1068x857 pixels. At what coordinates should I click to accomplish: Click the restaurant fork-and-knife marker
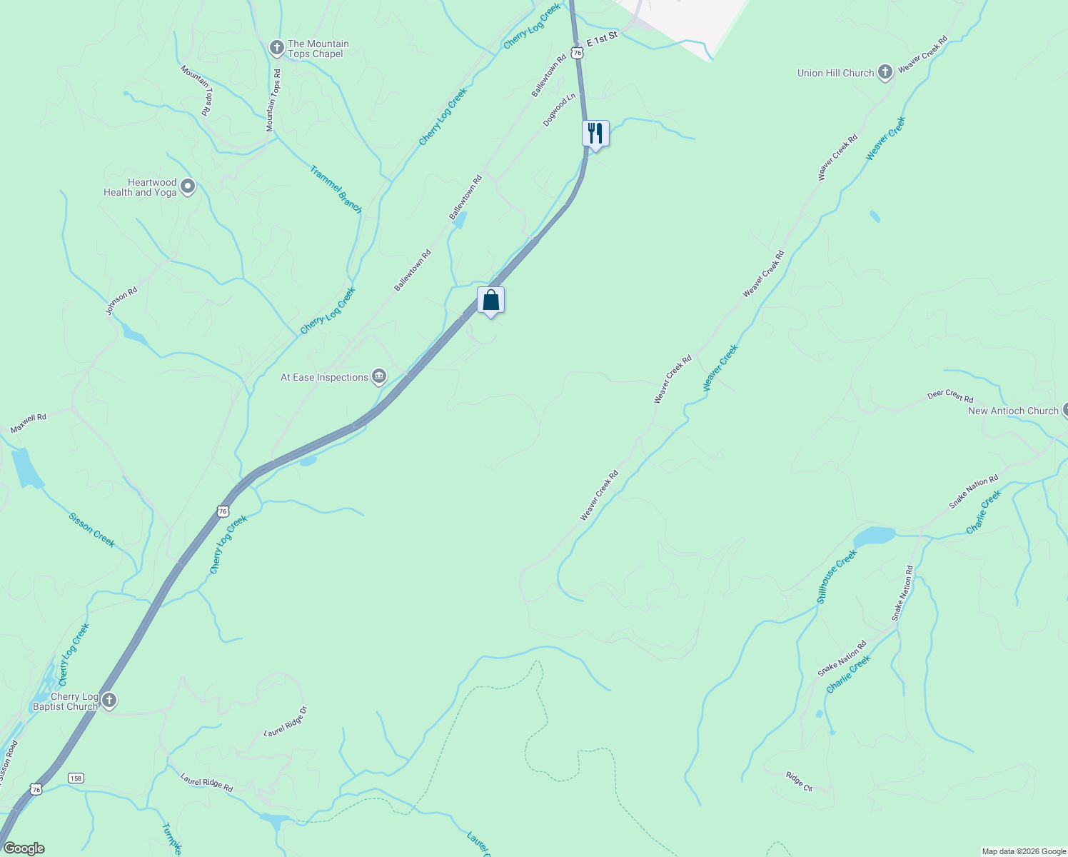(595, 134)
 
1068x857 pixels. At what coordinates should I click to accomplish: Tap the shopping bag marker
(490, 300)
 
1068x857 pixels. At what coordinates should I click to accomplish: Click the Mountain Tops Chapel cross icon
(276, 48)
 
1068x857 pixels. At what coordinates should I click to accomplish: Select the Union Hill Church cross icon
(885, 72)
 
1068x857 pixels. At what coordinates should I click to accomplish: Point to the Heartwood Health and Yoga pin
(188, 187)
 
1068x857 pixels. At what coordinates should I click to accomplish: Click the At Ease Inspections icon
(379, 376)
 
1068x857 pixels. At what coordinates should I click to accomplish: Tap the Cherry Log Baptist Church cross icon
(109, 700)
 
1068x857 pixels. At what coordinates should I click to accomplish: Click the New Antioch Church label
(1013, 411)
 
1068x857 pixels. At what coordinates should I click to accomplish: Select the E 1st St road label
(601, 39)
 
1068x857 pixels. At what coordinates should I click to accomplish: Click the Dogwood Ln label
(559, 110)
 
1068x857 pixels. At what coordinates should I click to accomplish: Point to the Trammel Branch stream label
(336, 189)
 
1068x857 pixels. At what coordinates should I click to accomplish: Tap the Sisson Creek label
(92, 529)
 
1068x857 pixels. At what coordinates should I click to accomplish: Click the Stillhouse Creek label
(837, 576)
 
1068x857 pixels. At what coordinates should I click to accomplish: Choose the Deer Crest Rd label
(950, 396)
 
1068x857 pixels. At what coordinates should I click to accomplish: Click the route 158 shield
(76, 777)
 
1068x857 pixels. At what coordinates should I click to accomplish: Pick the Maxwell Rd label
(29, 423)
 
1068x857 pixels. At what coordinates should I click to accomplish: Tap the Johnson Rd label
(121, 301)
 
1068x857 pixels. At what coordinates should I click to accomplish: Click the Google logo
(24, 848)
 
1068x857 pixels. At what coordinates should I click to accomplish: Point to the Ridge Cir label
(799, 781)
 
